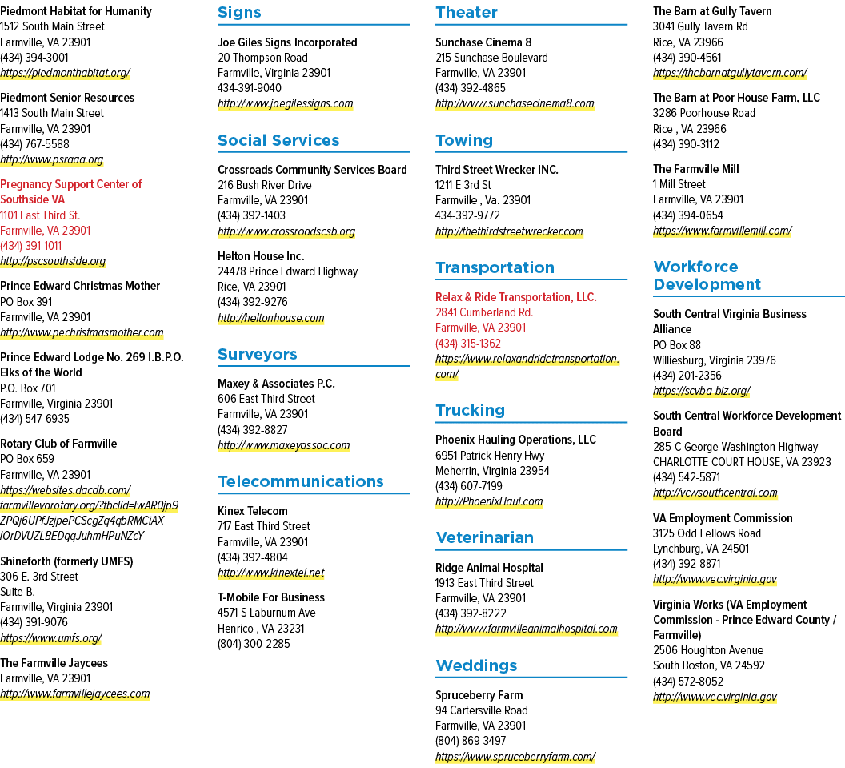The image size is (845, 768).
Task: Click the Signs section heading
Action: [x=239, y=12]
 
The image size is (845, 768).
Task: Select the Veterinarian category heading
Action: [x=484, y=537]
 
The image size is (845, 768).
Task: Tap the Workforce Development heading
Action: [x=707, y=275]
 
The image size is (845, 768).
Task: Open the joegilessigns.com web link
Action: [x=285, y=103]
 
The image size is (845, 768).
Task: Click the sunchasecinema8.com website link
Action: [x=515, y=103]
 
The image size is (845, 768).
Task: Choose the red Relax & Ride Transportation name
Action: [x=516, y=297]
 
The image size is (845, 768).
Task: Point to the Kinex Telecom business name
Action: [x=253, y=511]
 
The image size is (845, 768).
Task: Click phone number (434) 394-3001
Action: [x=34, y=58]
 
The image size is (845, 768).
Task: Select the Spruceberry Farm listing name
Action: [x=479, y=695]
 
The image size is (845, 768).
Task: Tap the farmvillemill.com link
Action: [x=722, y=231]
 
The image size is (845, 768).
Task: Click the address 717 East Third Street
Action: [x=264, y=526]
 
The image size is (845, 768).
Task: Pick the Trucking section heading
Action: [x=470, y=410]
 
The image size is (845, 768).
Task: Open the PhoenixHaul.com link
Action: [x=489, y=501]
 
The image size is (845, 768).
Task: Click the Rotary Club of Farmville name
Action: [x=58, y=444]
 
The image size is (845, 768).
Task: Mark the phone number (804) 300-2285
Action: [x=254, y=644]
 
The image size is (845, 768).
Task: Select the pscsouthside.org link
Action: [x=53, y=262]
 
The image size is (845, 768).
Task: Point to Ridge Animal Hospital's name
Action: [x=489, y=568]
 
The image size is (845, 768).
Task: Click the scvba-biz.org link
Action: [x=702, y=391]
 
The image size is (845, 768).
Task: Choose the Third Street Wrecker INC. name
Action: [x=496, y=170]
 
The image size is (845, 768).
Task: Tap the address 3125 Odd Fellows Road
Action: [x=707, y=533]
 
